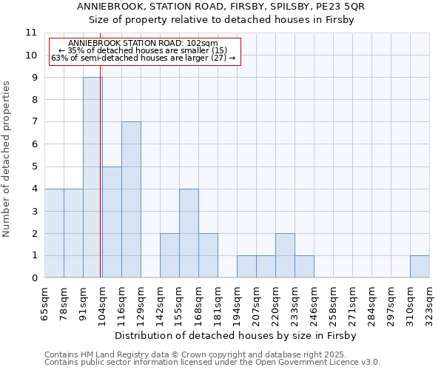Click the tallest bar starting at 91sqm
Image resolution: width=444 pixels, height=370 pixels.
pos(92,178)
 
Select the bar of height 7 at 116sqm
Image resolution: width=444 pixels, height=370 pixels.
pos(131,200)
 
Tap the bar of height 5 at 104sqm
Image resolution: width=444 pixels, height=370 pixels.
pos(112,222)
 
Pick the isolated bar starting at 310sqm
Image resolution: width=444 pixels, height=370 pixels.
pos(420,266)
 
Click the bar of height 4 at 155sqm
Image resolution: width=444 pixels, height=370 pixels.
pos(189,233)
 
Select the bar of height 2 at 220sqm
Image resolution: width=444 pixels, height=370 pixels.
pos(285,255)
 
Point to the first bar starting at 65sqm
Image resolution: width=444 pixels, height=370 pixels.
pos(54,233)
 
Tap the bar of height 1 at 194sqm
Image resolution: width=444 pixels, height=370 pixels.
pos(246,266)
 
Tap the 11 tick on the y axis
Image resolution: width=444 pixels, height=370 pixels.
pos(31,33)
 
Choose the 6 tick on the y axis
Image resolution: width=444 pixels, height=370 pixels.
pos(34,144)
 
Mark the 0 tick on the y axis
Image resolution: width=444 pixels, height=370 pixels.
pos(34,278)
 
